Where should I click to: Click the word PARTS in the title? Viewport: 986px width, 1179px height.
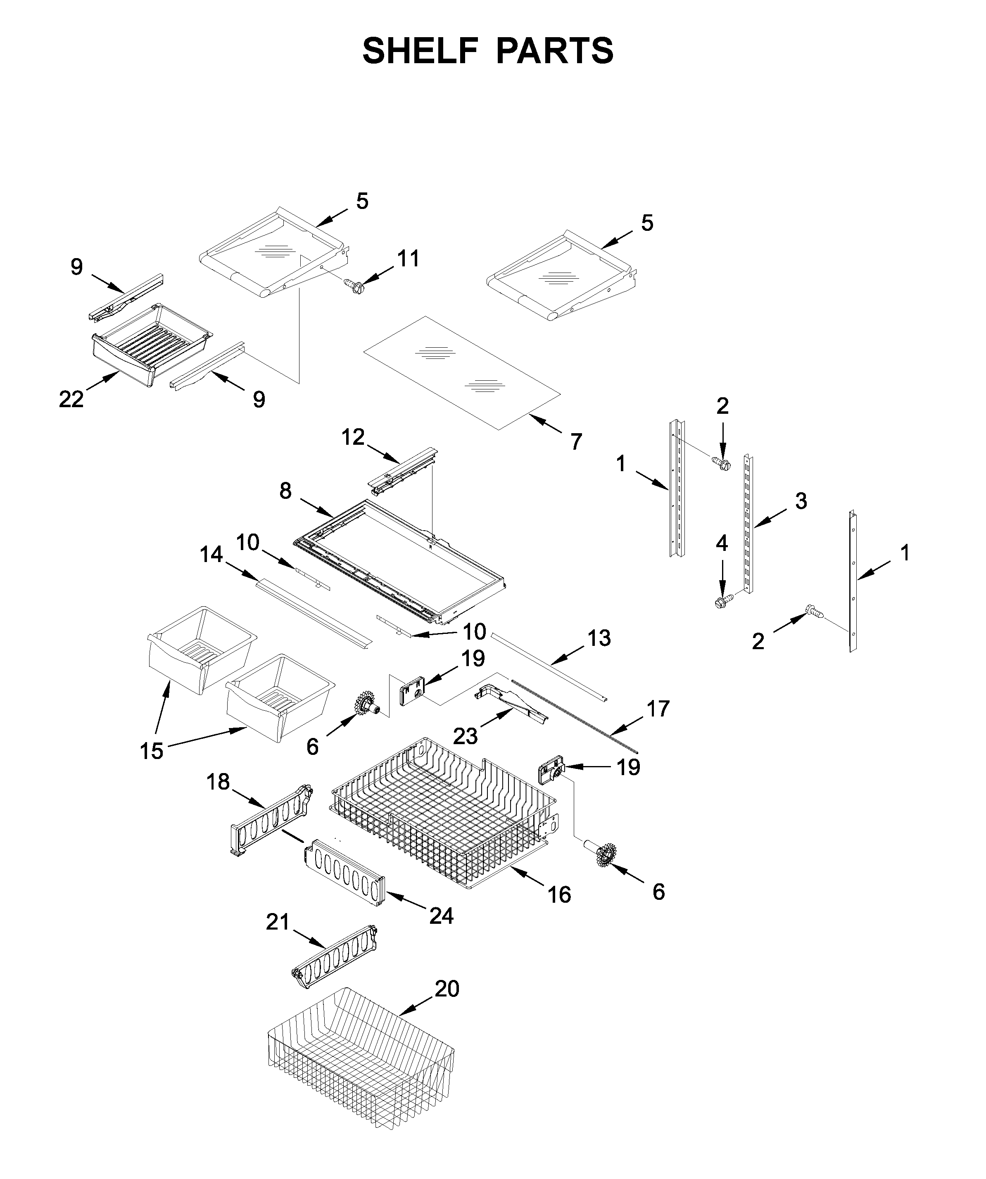(555, 51)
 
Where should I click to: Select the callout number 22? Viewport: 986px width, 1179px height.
(71, 399)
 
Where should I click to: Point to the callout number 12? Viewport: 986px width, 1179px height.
(353, 437)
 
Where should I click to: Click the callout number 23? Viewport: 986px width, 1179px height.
(466, 736)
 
